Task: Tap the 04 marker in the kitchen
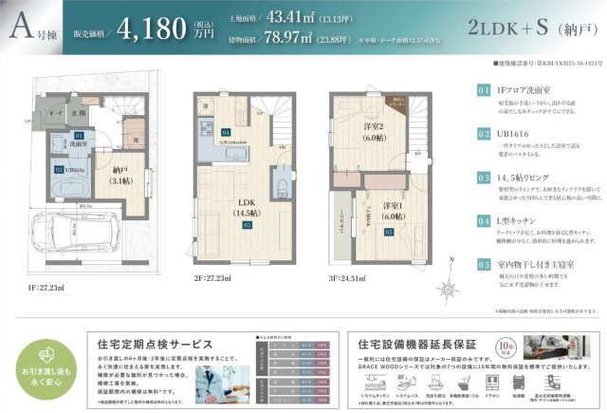point(226,132)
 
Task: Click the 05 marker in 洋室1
point(388,231)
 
